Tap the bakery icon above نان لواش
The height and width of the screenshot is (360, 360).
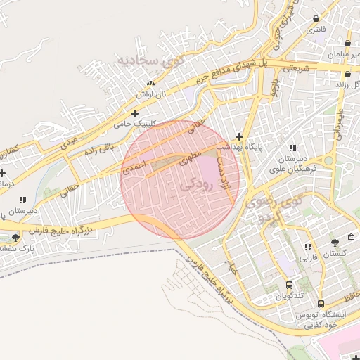tap(150, 83)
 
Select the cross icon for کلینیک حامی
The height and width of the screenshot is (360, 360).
tap(134, 112)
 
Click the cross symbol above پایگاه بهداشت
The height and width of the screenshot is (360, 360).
tap(240, 136)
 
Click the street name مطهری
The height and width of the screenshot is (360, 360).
tap(192, 156)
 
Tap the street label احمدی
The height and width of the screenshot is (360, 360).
tap(133, 166)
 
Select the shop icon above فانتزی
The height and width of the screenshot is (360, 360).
tap(316, 19)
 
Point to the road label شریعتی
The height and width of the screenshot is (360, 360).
tap(296, 69)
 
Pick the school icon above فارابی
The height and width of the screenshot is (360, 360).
tap(308, 247)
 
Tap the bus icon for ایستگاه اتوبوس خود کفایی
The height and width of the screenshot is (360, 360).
tap(321, 304)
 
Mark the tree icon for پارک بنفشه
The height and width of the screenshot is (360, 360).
tap(15, 237)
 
